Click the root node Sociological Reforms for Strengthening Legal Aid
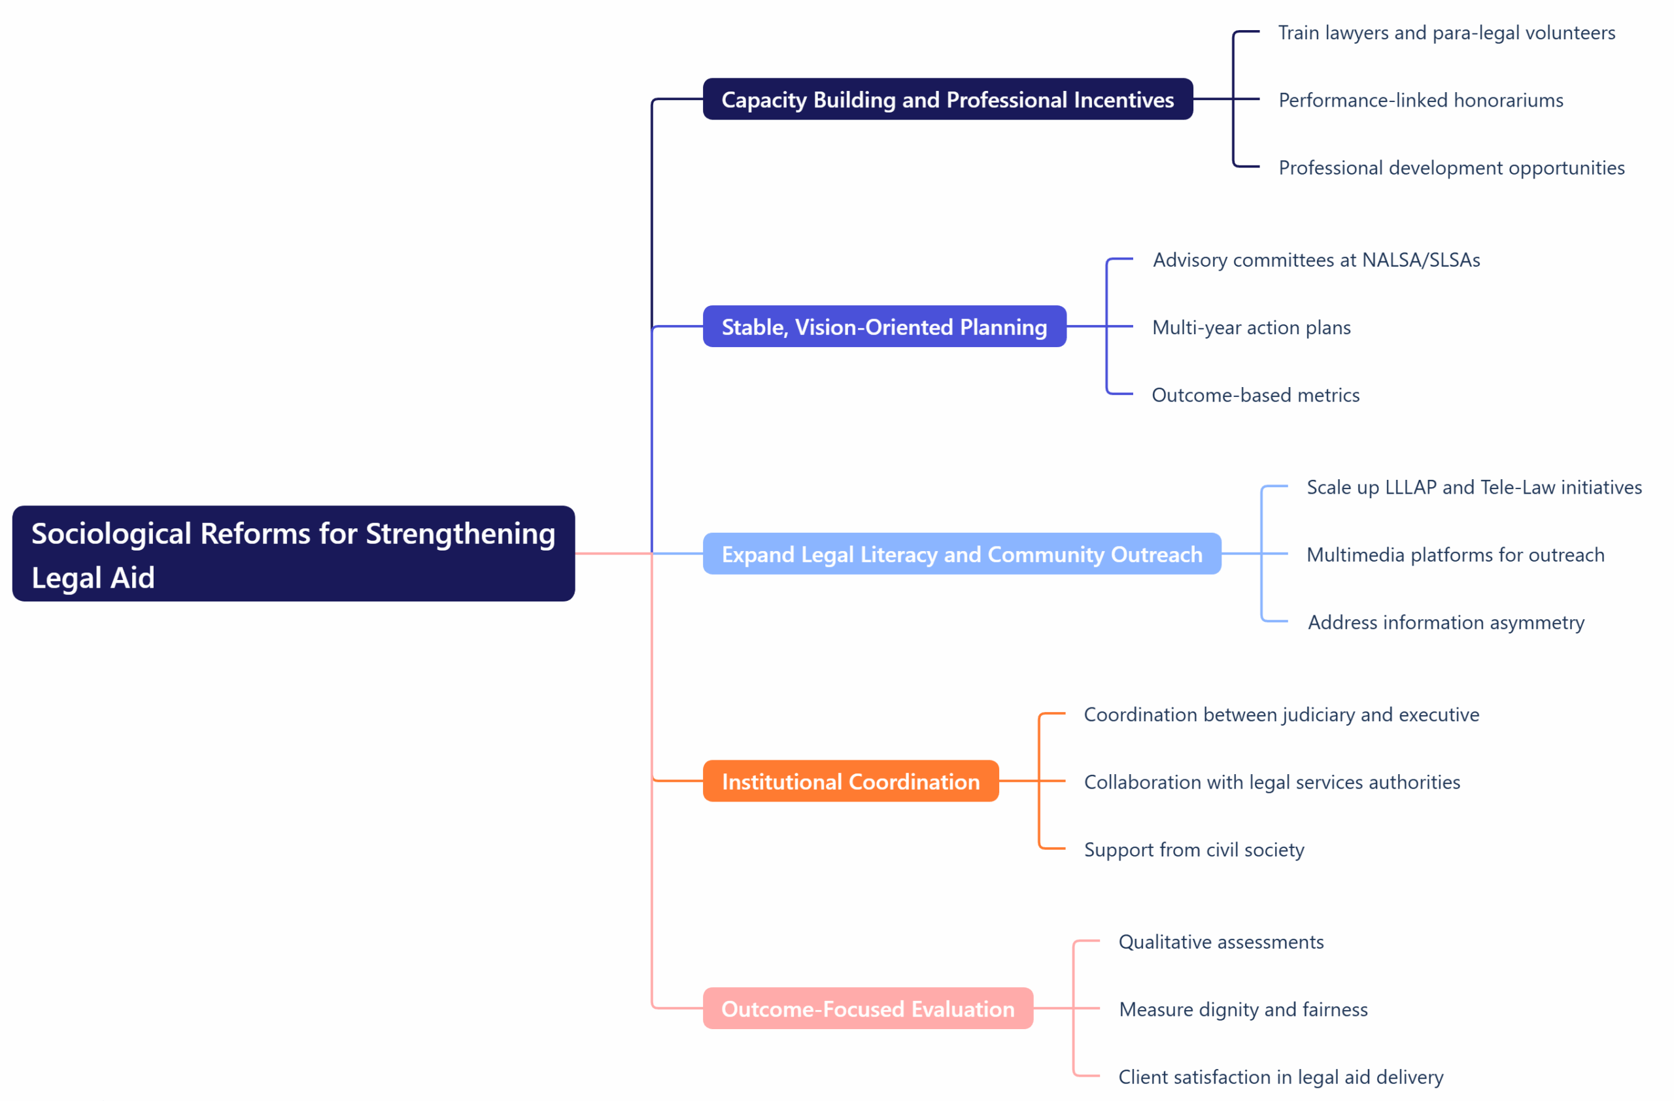tap(294, 553)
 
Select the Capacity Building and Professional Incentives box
tap(948, 99)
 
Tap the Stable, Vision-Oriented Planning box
tap(884, 326)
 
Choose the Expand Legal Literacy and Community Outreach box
tap(961, 554)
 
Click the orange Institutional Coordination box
tap(850, 781)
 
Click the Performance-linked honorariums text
tap(1420, 100)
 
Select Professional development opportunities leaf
tap(1451, 167)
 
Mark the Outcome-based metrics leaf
tap(1255, 394)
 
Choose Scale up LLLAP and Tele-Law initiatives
tap(1473, 486)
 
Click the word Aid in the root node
tap(133, 577)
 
